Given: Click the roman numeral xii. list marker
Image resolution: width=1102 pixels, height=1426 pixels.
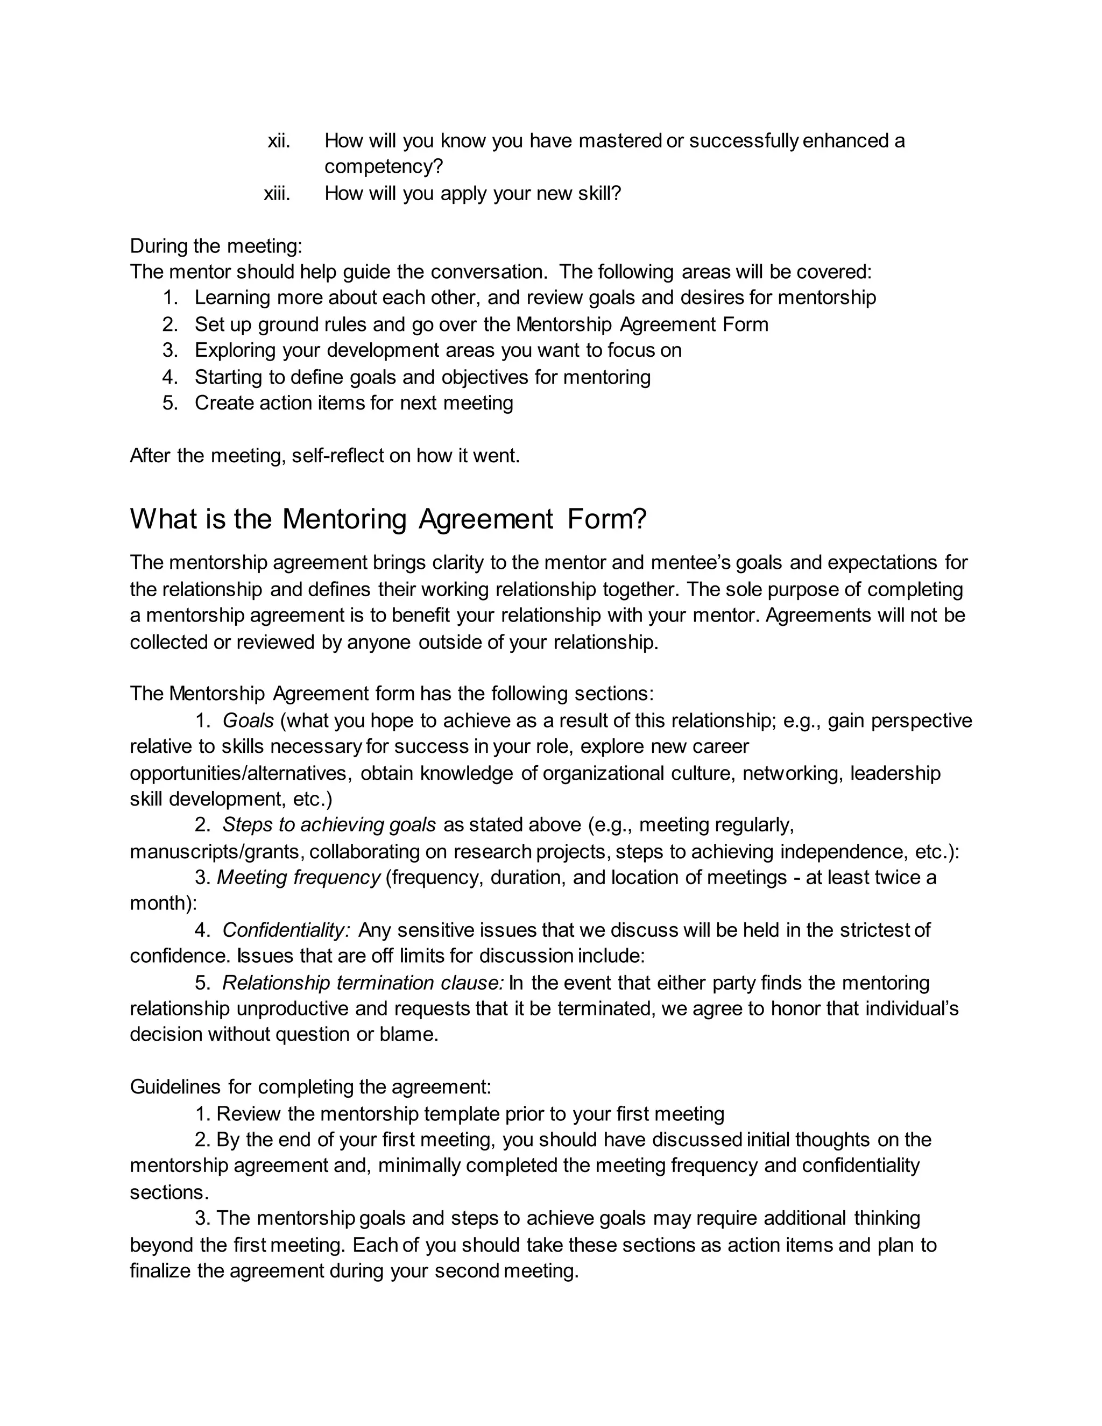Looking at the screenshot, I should pos(279,141).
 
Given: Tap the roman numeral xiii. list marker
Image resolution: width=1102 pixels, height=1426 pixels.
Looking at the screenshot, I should pos(277,194).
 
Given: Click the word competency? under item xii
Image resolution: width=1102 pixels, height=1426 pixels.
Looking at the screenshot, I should pos(383,167).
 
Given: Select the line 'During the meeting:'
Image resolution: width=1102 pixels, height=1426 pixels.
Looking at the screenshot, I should pos(216,246).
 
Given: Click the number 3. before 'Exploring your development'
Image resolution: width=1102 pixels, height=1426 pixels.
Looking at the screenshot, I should pos(171,351).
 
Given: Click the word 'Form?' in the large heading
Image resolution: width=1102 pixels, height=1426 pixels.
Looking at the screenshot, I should pos(606,520).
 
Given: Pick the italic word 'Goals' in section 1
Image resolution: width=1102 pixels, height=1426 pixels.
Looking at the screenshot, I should pos(248,721).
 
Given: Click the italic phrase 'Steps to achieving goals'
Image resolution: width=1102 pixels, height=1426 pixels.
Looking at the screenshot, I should pos(329,825).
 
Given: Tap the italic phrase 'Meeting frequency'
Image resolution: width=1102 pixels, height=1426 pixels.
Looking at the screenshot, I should pos(298,878).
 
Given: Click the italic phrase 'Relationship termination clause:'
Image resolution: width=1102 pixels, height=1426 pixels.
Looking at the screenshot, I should pos(363,983).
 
